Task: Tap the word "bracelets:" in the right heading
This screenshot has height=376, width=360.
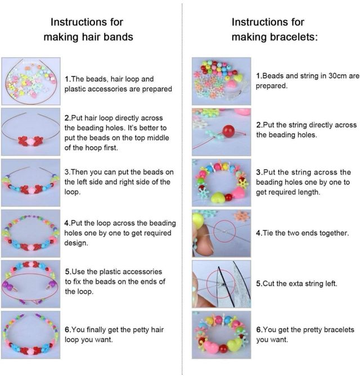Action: pyautogui.click(x=294, y=37)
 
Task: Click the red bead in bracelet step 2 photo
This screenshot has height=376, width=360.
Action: pyautogui.click(x=228, y=131)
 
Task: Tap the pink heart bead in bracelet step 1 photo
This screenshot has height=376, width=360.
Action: pyautogui.click(x=231, y=85)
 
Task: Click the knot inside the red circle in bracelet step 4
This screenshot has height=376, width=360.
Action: pyautogui.click(x=224, y=232)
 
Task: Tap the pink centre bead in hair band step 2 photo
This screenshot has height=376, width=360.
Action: pyautogui.click(x=30, y=142)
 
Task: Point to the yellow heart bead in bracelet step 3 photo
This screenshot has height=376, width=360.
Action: pyautogui.click(x=218, y=197)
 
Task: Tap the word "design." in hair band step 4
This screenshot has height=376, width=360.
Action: pyautogui.click(x=76, y=243)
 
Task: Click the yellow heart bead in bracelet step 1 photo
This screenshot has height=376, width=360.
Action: pyautogui.click(x=237, y=78)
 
